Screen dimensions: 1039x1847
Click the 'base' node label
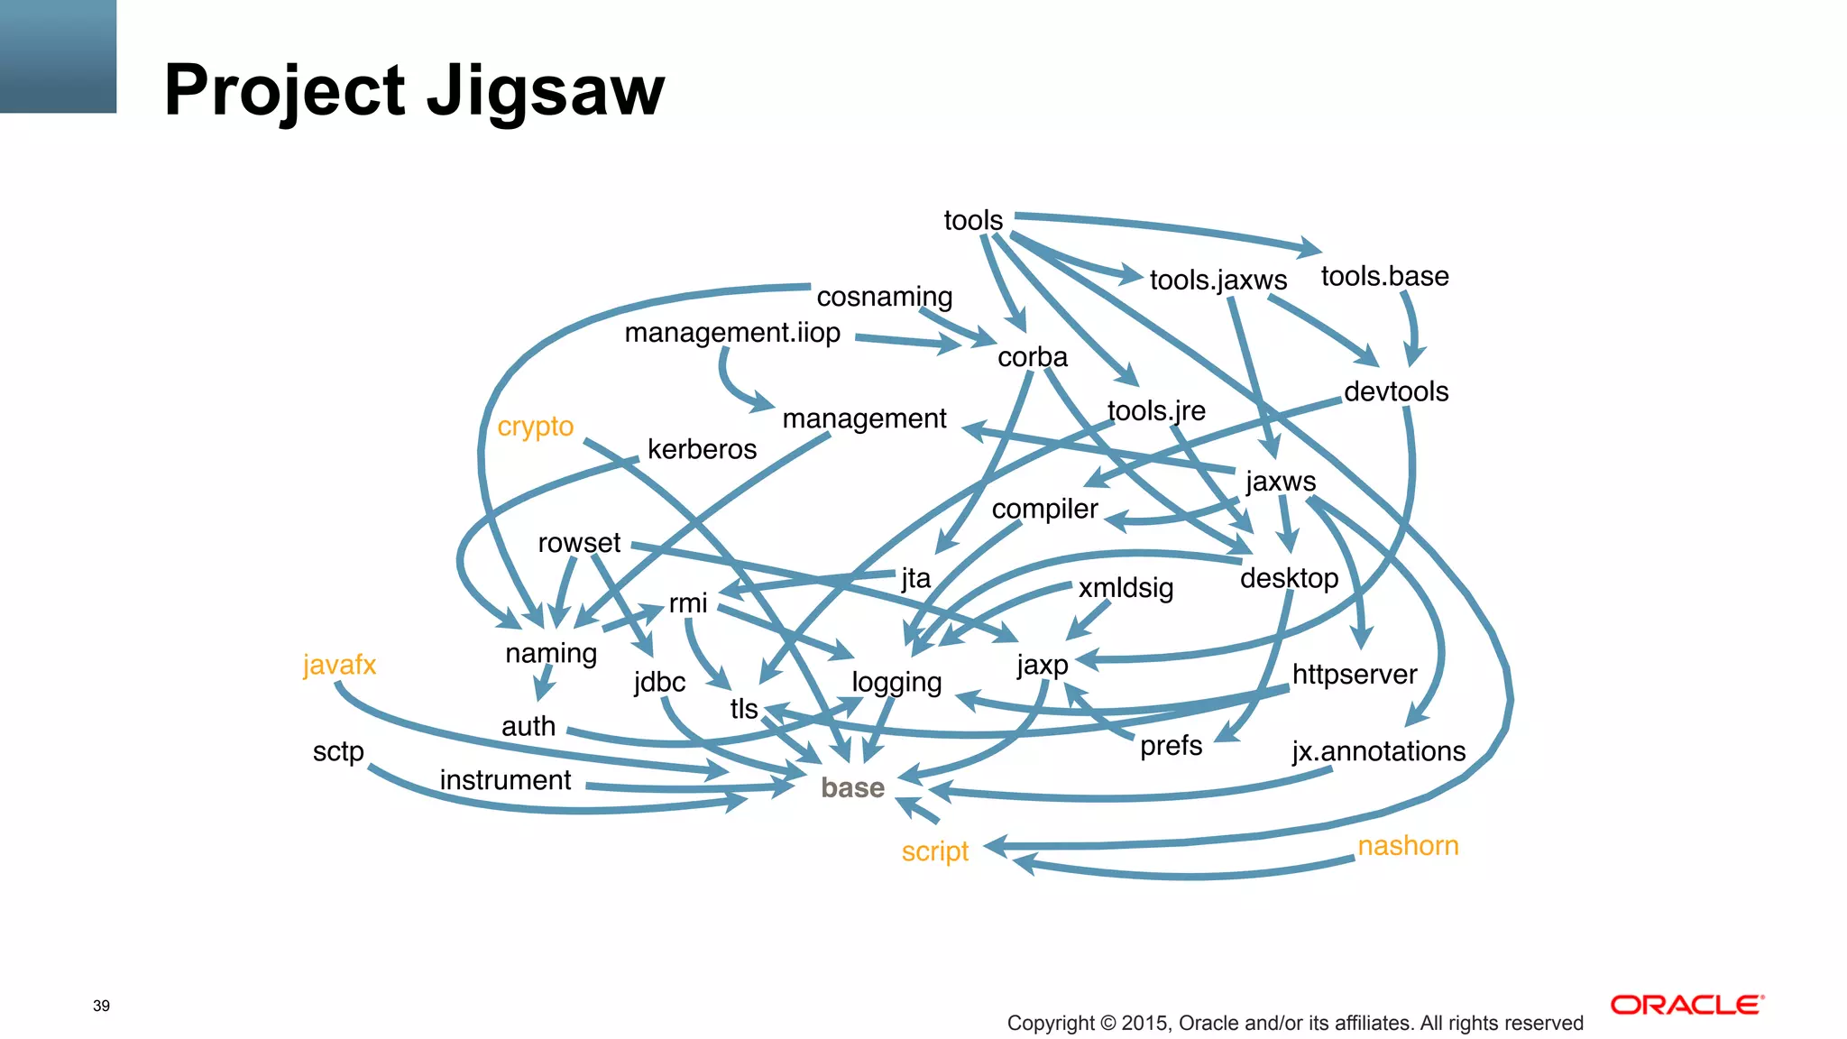point(852,787)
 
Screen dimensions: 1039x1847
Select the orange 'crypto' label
point(535,426)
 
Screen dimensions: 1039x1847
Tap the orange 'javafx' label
point(339,665)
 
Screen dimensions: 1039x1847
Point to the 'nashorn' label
point(1408,845)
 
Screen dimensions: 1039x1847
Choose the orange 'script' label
point(934,851)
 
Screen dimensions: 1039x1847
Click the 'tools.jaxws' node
point(1218,280)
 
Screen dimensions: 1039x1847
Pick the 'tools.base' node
point(1384,276)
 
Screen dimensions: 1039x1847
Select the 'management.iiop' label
point(732,333)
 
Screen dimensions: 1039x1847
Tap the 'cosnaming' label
point(884,296)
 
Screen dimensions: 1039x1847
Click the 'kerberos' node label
point(702,449)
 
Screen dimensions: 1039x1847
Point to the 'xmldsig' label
point(1126,588)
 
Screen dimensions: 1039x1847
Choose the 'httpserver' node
point(1354,674)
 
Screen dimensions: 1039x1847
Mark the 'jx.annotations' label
point(1378,751)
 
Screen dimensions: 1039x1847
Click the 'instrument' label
point(505,780)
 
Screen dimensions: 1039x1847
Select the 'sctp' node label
point(338,751)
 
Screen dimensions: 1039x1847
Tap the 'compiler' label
point(1044,509)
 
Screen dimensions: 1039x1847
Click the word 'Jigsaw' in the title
point(545,91)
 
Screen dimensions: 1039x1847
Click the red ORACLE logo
point(1686,1005)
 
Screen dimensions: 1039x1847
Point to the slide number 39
point(101,1006)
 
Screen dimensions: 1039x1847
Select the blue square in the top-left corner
point(58,56)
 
